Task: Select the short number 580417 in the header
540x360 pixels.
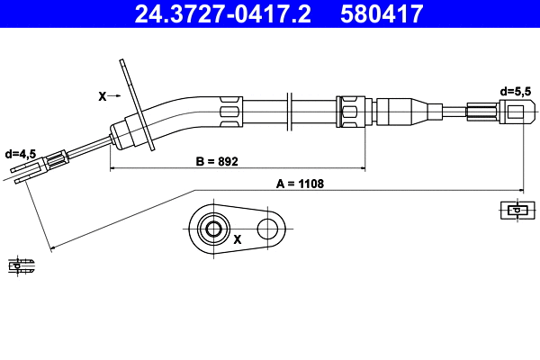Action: tap(384, 13)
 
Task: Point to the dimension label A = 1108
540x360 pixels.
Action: tap(300, 184)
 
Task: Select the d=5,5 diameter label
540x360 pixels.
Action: tap(514, 90)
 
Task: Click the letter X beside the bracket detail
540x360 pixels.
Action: tap(238, 240)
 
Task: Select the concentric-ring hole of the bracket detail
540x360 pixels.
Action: tap(214, 229)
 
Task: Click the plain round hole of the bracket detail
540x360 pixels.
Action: tap(267, 229)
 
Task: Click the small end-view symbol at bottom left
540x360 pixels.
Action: tap(21, 265)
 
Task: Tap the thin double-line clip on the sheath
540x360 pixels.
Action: tap(288, 112)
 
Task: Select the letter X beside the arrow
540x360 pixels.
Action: tap(101, 94)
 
